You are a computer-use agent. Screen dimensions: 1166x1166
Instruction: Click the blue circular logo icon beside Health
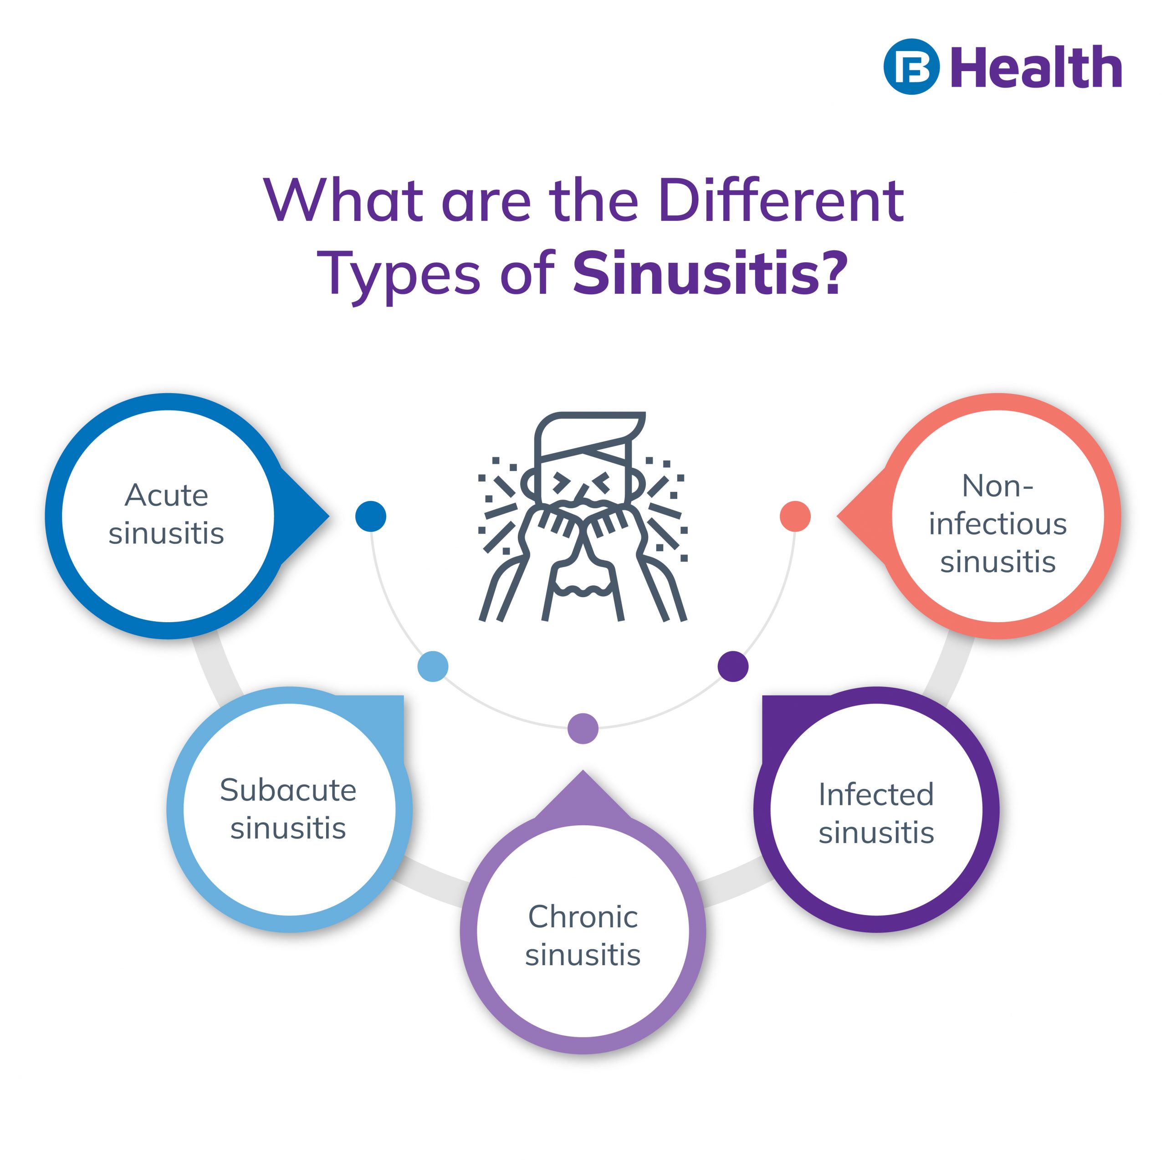(911, 67)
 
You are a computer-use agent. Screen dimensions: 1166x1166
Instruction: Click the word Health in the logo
(1036, 67)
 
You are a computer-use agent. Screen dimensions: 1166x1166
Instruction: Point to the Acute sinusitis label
(167, 514)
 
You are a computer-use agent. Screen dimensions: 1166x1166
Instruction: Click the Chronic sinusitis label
(583, 935)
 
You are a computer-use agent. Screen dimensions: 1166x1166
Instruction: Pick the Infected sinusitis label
(876, 813)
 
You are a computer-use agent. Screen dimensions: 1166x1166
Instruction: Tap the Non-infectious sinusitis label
(998, 523)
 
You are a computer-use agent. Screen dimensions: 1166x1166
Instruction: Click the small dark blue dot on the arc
(371, 517)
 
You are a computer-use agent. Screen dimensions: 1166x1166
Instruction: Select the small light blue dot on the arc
(433, 666)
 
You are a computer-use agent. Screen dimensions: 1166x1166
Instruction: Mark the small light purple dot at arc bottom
(583, 728)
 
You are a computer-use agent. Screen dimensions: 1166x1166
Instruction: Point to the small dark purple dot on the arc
(733, 666)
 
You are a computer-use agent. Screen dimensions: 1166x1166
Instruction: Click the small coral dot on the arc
(795, 517)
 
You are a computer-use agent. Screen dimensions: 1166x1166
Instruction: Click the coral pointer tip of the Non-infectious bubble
(838, 517)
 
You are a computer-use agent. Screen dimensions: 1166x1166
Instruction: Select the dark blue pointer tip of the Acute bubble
(328, 517)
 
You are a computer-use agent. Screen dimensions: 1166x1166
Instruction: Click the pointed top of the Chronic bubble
(583, 771)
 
